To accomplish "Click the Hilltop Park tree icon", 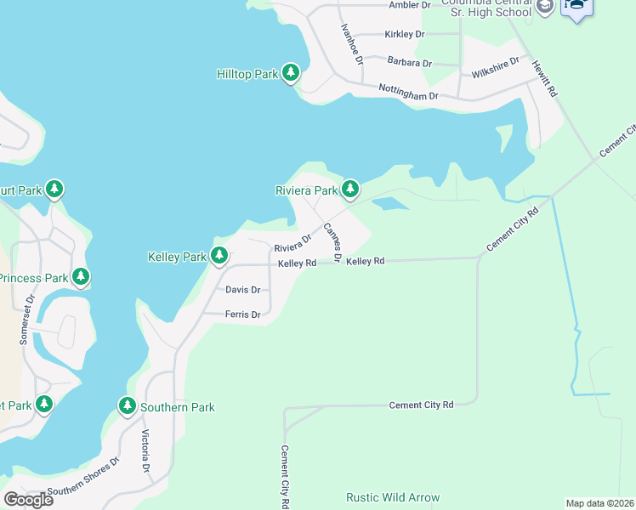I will [291, 74].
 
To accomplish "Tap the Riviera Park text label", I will [306, 190].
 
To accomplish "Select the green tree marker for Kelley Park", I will [219, 255].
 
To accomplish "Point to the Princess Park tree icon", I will [81, 277].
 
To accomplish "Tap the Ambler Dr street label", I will [410, 5].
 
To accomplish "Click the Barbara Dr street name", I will [409, 63].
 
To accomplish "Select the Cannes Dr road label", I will [332, 242].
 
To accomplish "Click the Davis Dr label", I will [242, 290].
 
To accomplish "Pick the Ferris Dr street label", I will [242, 314].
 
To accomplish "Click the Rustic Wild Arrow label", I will [393, 497].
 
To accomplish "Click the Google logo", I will [28, 499].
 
